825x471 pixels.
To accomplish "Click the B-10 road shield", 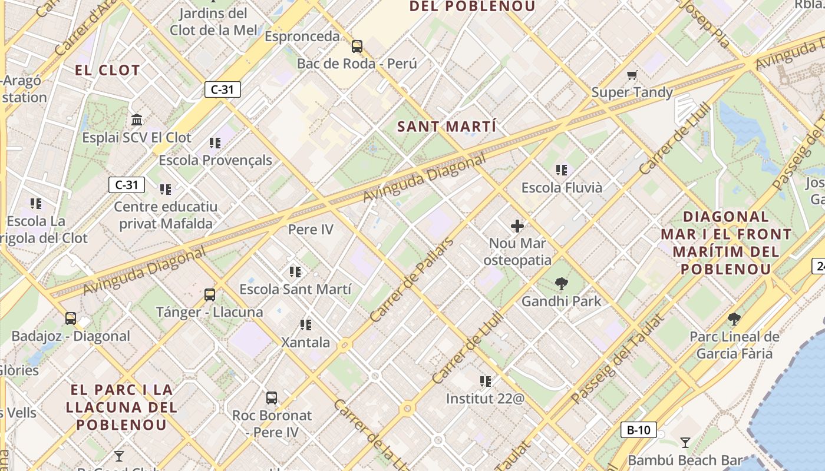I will [638, 430].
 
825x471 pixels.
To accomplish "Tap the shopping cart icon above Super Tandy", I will [632, 75].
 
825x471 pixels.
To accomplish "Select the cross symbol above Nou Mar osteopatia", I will [517, 225].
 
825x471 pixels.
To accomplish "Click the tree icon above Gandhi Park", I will [561, 284].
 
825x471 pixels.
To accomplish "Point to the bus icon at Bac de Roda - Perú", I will [357, 46].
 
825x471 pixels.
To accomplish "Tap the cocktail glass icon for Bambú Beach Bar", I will [685, 442].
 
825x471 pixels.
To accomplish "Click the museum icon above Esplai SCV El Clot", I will [137, 120].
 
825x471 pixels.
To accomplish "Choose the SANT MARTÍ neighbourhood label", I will [446, 127].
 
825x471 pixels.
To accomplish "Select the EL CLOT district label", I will [107, 71].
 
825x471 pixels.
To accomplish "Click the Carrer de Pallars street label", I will [412, 279].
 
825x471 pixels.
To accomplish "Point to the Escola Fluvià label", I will [562, 188].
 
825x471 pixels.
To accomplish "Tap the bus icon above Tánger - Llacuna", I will [209, 294].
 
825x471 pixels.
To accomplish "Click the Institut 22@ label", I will [485, 399].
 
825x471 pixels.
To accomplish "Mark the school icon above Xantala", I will [305, 324].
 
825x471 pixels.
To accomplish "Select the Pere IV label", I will [311, 230].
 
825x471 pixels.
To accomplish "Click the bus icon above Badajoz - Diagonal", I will [71, 319].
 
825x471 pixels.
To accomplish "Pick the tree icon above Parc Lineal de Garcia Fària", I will [734, 319].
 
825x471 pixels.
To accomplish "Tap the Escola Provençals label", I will [215, 160].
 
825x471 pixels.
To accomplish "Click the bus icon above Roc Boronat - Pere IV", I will [271, 397].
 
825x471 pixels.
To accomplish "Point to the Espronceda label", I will [302, 37].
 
